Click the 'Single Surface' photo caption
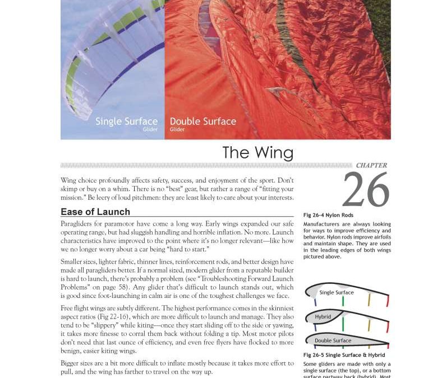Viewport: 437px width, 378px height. click(126, 121)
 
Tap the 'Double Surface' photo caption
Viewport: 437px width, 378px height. click(203, 121)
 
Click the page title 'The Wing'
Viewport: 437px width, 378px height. click(257, 152)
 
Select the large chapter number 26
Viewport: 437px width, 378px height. click(365, 190)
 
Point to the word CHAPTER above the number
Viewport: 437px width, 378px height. click(371, 166)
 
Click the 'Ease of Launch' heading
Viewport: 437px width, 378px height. click(95, 212)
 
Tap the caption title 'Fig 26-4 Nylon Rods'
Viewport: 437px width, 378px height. click(328, 215)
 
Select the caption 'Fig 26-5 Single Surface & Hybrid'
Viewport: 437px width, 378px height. click(344, 355)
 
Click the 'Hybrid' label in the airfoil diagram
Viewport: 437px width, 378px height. click(323, 317)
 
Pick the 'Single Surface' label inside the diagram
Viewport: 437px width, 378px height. click(337, 292)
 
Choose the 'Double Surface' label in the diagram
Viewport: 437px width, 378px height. click(333, 340)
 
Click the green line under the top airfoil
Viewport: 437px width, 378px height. click(343, 301)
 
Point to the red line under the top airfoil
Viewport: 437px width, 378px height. click(387, 301)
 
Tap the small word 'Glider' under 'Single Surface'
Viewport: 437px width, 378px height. click(150, 129)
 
